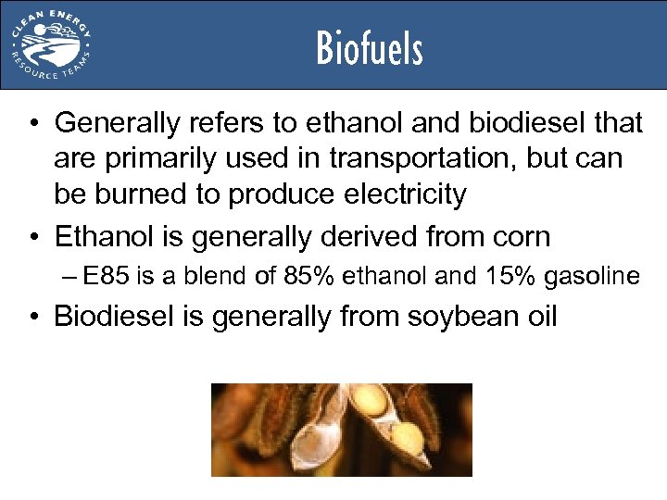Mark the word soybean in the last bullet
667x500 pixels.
click(444, 317)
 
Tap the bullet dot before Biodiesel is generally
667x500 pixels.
click(33, 318)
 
